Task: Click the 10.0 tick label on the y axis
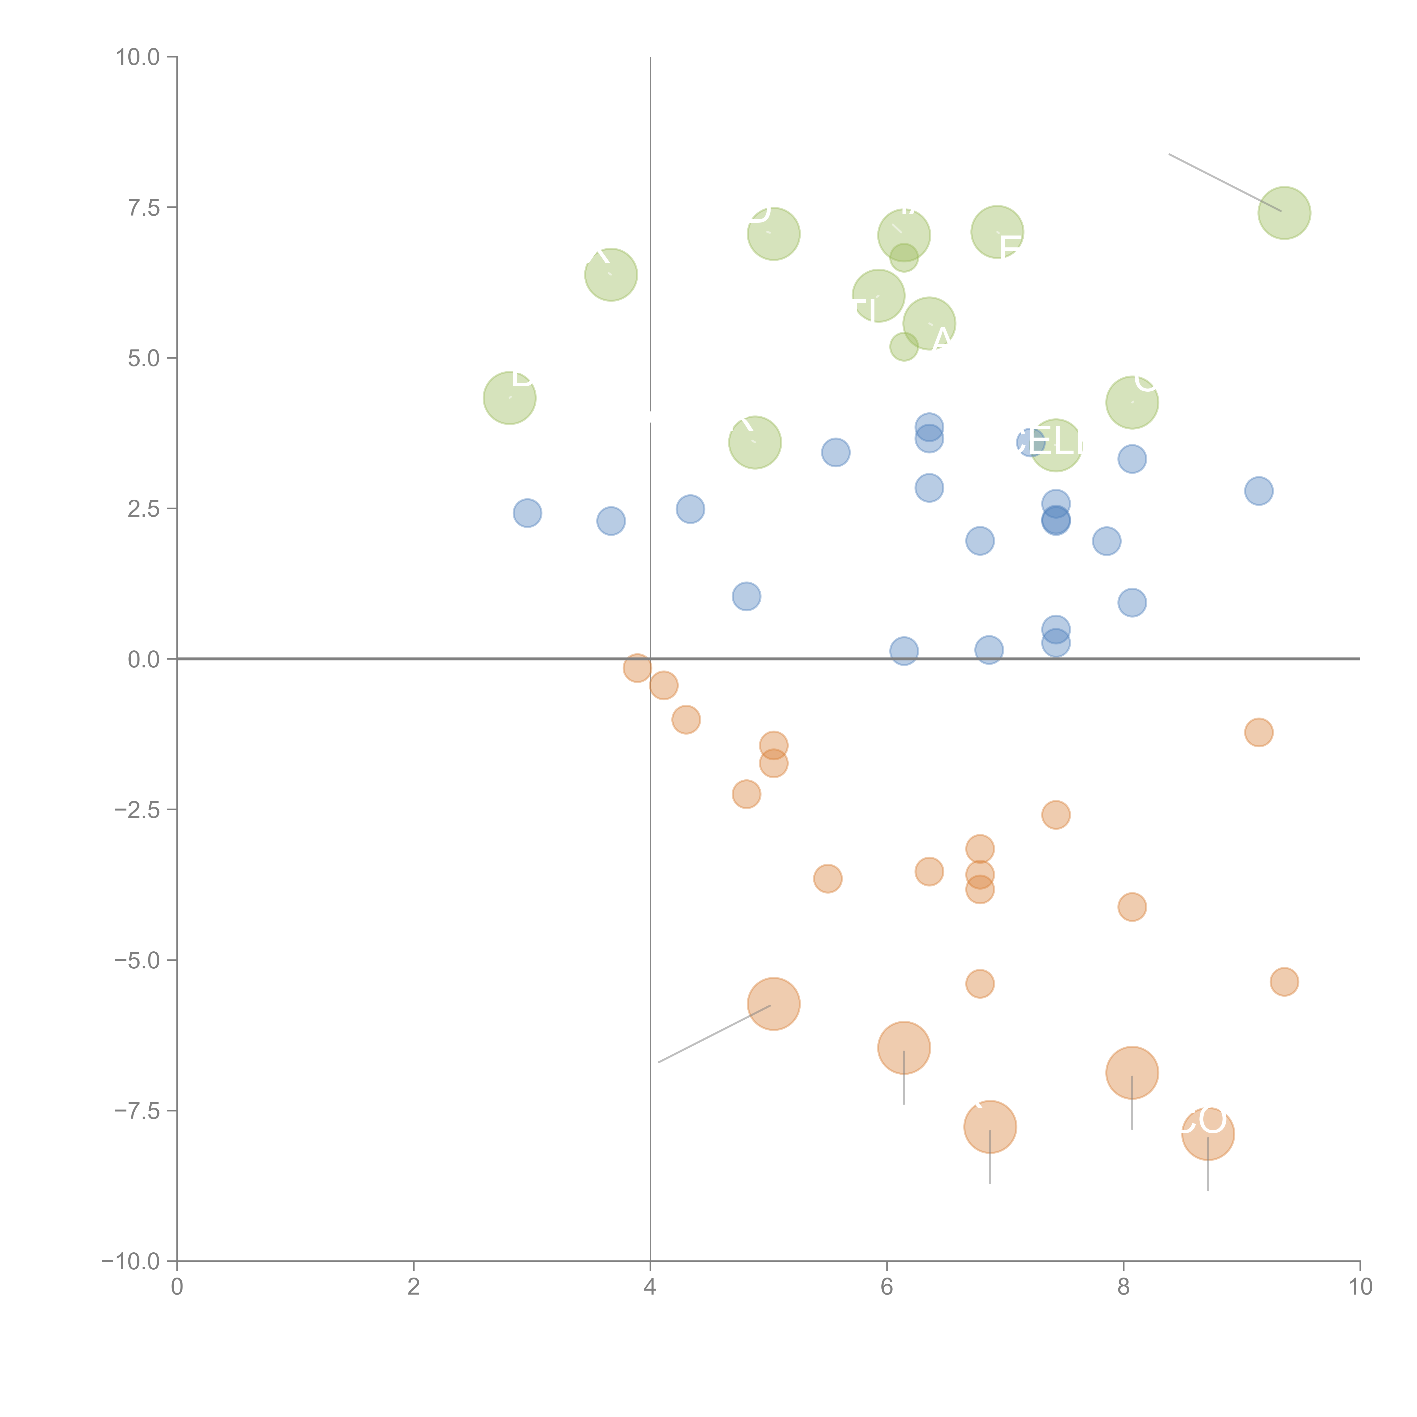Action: tap(138, 57)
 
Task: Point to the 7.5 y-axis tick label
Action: tap(144, 207)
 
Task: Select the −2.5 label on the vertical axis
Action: tap(138, 810)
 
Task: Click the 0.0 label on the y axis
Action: tap(144, 659)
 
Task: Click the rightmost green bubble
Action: tap(1284, 213)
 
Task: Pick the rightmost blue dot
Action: tap(1259, 491)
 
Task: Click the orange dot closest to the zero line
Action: tap(637, 667)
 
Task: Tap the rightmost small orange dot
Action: tap(1284, 981)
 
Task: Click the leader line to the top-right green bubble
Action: tap(1225, 183)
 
